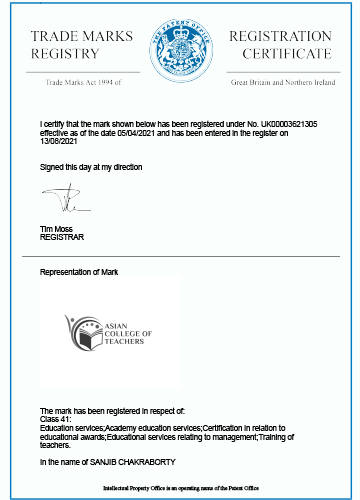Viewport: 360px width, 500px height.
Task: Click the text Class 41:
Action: point(55,420)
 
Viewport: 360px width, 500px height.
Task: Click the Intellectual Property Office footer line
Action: point(181,487)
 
